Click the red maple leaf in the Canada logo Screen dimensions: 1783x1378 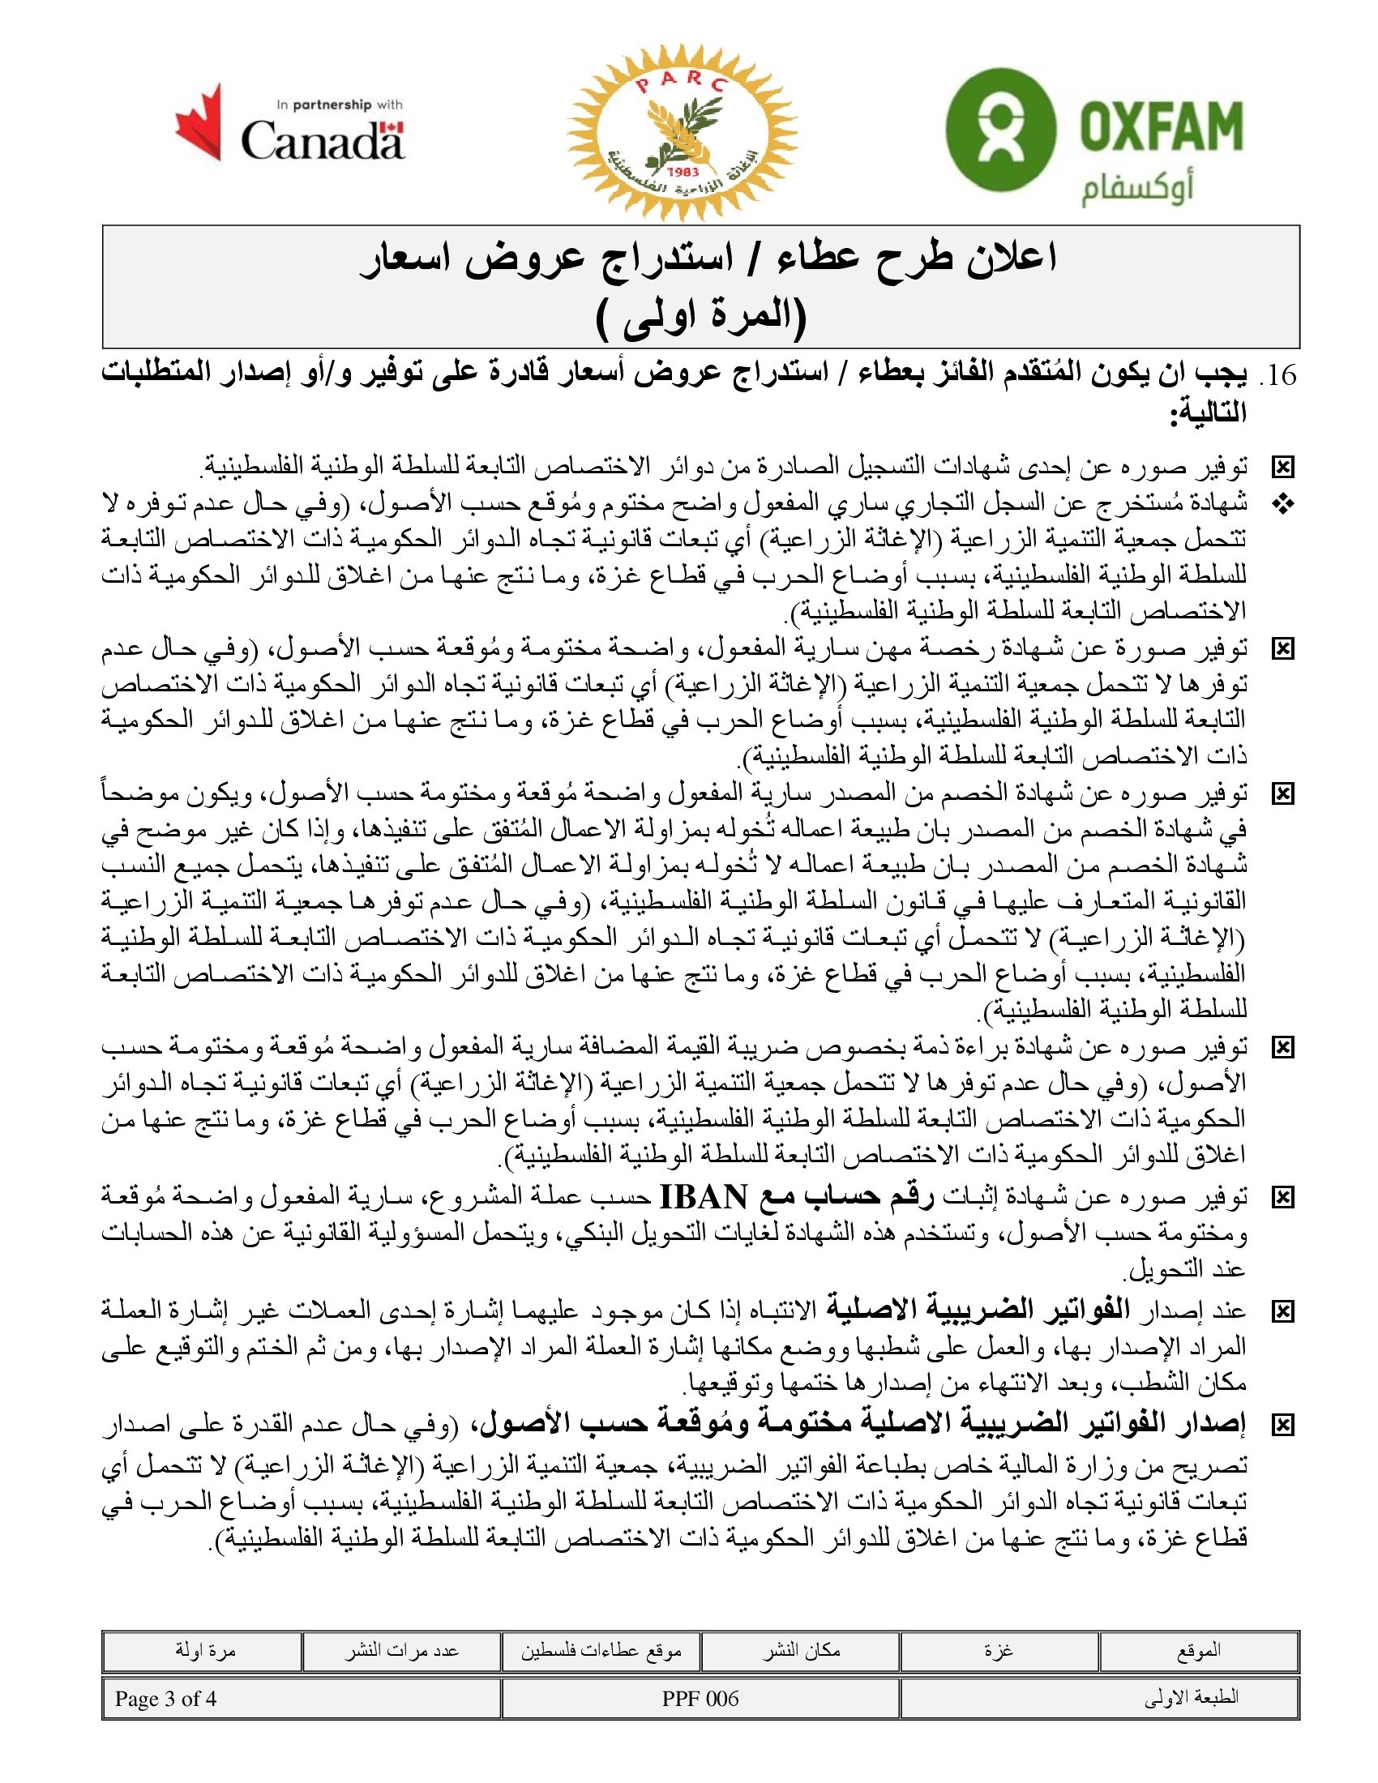pos(199,122)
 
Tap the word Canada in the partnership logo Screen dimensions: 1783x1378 pos(322,140)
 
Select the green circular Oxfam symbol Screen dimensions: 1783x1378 pos(1000,129)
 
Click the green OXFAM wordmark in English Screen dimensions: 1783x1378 pos(1160,127)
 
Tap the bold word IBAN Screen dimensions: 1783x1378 pos(703,1197)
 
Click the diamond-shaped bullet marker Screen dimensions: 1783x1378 pos(1283,505)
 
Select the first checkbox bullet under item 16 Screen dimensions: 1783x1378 pos(1283,467)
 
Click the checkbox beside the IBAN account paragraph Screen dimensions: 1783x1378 pos(1283,1198)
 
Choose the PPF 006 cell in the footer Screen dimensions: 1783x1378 pos(700,1699)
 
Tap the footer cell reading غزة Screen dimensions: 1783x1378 pos(999,1651)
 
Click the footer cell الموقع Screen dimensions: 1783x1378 pos(1198,1651)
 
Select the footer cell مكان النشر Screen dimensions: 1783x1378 pos(801,1651)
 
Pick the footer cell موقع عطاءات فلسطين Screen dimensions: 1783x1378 pos(601,1651)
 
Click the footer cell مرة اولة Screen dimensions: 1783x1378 pos(205,1651)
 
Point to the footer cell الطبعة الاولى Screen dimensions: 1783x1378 pos(1191,1699)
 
